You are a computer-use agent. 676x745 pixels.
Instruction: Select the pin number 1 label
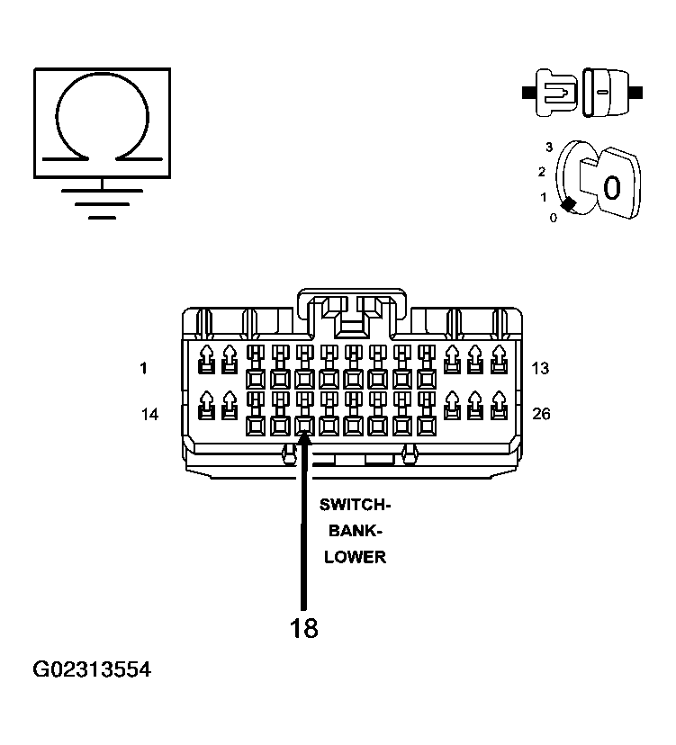click(143, 368)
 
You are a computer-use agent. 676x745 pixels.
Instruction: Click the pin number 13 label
click(540, 368)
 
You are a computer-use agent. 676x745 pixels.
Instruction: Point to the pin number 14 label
click(149, 414)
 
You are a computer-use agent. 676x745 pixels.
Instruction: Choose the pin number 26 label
click(541, 414)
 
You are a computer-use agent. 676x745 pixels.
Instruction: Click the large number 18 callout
click(303, 628)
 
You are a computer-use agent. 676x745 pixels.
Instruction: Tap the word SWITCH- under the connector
click(355, 505)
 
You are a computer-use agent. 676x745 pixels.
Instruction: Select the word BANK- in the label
click(356, 531)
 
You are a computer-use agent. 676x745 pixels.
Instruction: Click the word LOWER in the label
click(356, 557)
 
